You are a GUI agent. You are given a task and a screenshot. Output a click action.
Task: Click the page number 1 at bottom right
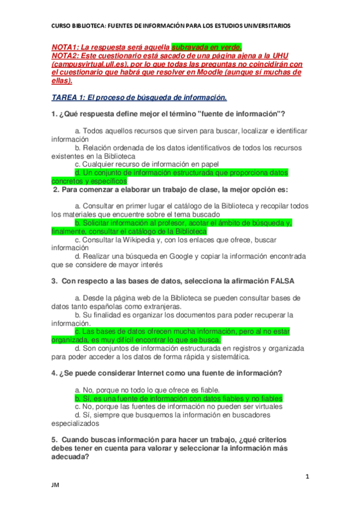307,477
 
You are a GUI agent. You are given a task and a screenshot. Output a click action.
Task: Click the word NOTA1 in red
66,47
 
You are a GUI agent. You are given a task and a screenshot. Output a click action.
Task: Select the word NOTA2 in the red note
66,55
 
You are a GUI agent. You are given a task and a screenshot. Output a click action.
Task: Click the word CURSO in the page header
61,25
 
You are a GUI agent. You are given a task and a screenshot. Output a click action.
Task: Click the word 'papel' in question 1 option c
208,164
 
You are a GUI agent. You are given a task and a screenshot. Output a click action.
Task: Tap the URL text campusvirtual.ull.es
89,64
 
